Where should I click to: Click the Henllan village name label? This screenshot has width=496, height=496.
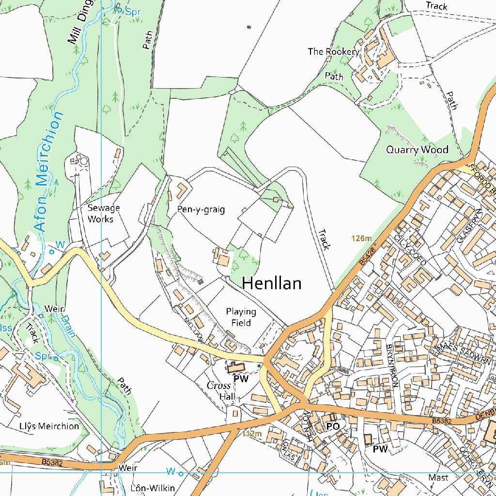point(271,283)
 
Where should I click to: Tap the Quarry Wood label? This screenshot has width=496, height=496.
point(417,150)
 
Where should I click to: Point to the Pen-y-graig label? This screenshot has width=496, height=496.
point(201,210)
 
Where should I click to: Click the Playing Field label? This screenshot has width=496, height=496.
point(241,317)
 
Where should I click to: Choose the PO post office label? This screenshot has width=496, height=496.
point(332,426)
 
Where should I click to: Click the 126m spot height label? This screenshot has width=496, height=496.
point(361,238)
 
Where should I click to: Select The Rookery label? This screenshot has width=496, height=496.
point(333,51)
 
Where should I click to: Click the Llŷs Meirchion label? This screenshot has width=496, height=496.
point(49,426)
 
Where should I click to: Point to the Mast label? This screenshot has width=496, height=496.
point(438,478)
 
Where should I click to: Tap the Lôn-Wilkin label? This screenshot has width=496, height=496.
point(153,487)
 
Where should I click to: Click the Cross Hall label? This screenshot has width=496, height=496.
point(222,391)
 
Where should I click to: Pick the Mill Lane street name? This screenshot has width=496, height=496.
point(193,331)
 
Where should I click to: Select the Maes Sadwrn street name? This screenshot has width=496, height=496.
point(464,355)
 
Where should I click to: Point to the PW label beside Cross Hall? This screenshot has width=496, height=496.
point(241,379)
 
